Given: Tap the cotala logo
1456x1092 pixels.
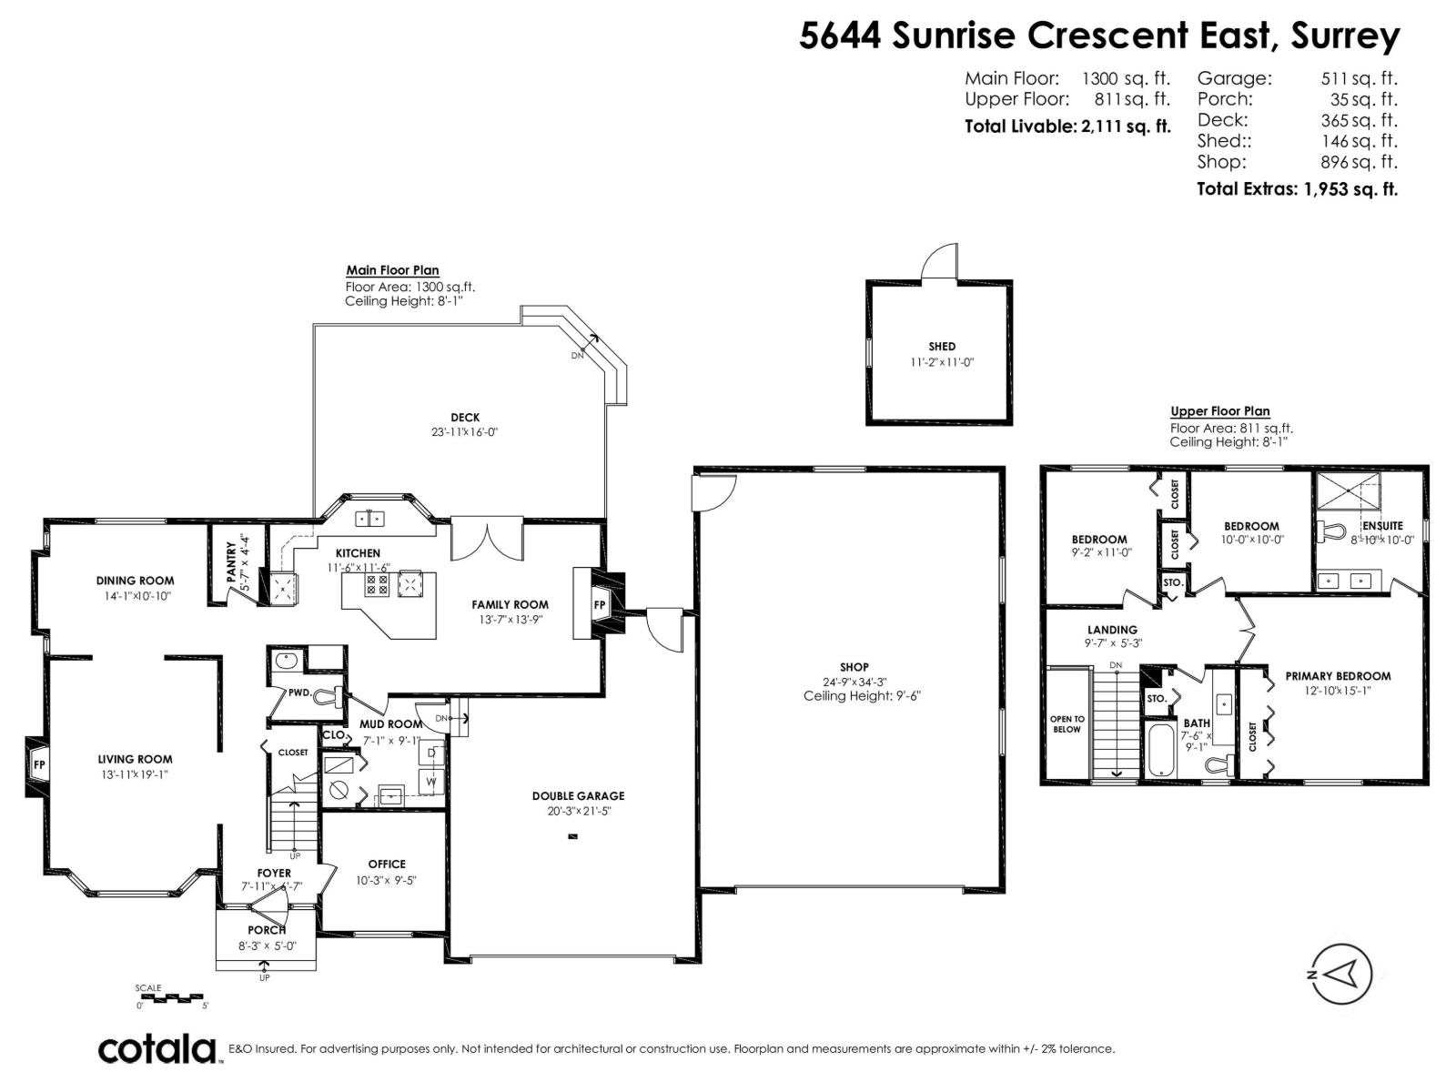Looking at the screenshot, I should (157, 1049).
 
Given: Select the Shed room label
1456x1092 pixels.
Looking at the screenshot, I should (942, 347).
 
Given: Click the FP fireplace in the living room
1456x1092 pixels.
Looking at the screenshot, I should (39, 765).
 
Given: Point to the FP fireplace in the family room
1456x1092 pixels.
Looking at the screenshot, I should (600, 605).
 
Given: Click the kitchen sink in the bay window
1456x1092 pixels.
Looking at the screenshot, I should (370, 519).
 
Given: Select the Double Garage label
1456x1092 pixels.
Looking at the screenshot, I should (578, 796).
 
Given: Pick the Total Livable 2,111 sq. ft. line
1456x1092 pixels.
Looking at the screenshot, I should (1067, 126).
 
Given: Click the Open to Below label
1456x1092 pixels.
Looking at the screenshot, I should (1067, 724).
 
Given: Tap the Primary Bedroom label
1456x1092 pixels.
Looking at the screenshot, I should (1337, 676).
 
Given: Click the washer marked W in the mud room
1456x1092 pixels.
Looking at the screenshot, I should (431, 782).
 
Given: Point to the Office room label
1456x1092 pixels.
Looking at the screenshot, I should (387, 864).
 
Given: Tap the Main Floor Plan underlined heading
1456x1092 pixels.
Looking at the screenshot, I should (392, 270).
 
